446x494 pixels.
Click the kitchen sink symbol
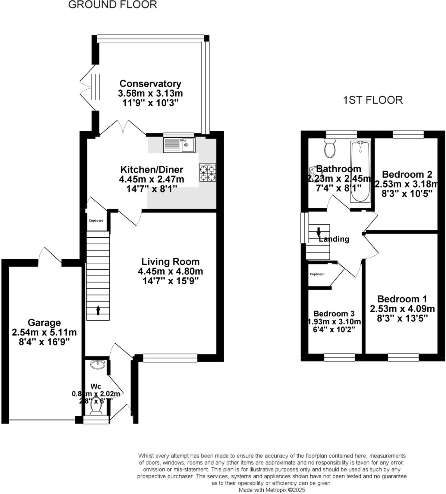[179, 145]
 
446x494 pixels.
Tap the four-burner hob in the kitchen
[208, 172]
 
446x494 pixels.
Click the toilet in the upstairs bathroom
[330, 148]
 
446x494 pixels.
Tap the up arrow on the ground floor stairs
[98, 310]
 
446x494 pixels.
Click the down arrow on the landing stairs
[319, 232]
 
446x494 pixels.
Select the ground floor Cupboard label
[96, 220]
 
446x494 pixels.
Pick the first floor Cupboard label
[317, 274]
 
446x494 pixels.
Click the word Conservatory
[150, 83]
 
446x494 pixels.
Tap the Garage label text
[44, 323]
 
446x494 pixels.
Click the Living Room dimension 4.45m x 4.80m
[170, 271]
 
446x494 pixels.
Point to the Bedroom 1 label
[402, 299]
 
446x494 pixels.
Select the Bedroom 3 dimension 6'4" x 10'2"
[334, 329]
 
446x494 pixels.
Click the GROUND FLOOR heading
[112, 5]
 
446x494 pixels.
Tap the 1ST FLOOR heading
[373, 100]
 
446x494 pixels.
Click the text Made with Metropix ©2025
[272, 490]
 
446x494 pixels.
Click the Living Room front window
[170, 358]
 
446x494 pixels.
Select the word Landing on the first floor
[334, 239]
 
